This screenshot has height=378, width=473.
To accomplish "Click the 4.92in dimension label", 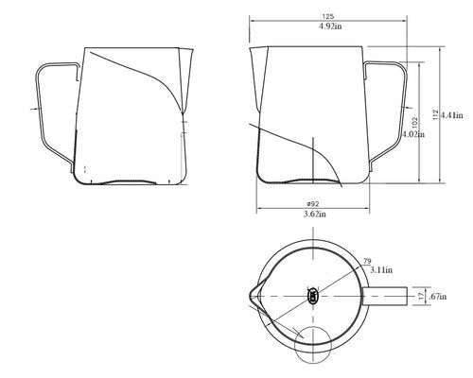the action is tap(330, 26).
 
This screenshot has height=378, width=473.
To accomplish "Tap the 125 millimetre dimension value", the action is tap(328, 16).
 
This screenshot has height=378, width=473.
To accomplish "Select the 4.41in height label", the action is tap(452, 115).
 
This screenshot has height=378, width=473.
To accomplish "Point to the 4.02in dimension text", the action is tap(413, 134).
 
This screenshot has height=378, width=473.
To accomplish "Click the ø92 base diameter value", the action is tap(313, 204).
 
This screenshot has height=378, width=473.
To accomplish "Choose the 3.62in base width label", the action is tap(315, 215).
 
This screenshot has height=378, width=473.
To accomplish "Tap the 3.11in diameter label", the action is tap(381, 270).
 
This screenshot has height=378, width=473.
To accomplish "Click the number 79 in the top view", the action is tap(367, 261).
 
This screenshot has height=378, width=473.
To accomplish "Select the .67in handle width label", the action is tap(438, 297).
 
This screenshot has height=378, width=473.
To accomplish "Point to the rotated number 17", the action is tap(421, 297).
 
